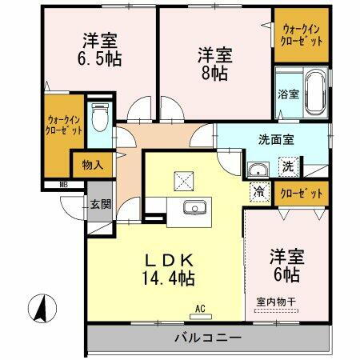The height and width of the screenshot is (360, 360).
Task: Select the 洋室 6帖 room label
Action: pyautogui.click(x=284, y=266)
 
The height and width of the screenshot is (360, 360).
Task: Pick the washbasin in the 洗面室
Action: pyautogui.click(x=258, y=170)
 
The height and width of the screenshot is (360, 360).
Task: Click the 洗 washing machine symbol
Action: pyautogui.click(x=286, y=167)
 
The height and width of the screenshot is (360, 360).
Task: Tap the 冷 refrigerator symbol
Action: pyautogui.click(x=259, y=192)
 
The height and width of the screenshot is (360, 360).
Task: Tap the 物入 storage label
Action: pyautogui.click(x=92, y=166)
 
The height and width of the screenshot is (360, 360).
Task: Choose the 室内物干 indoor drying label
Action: pyautogui.click(x=276, y=302)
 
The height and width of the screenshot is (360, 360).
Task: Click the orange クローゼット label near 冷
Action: pyautogui.click(x=302, y=193)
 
